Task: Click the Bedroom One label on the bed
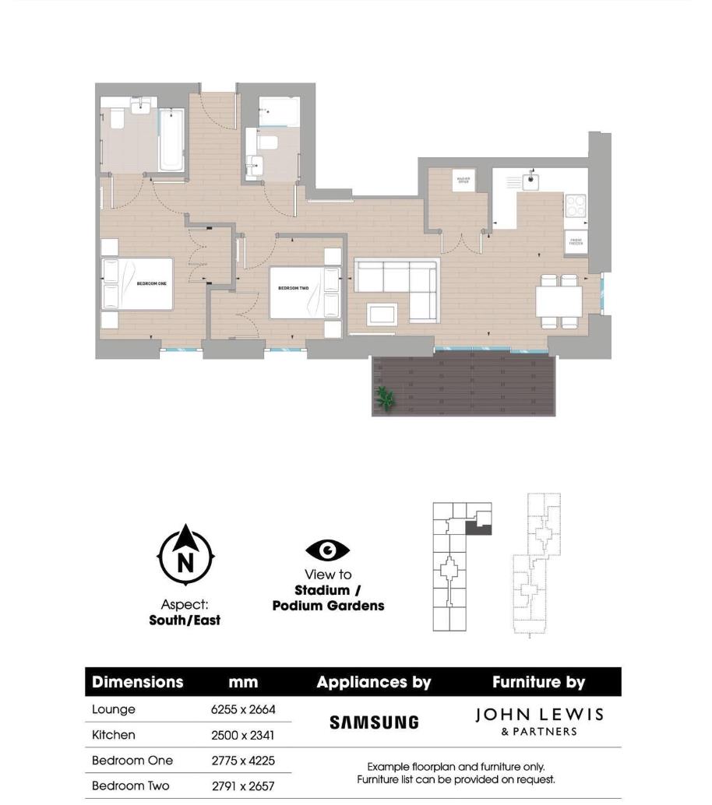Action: pos(151,283)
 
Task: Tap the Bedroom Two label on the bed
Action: pos(293,288)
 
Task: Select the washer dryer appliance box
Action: pos(464,181)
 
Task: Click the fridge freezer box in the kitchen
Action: pos(576,242)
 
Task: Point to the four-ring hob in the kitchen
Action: pos(576,206)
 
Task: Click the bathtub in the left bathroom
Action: pos(170,140)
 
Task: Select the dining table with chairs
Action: pos(559,301)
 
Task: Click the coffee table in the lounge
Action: pos(382,313)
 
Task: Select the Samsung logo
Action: pos(374,722)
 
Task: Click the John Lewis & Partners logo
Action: pos(539,721)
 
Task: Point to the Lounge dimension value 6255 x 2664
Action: pos(243,709)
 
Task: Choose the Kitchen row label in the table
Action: pos(114,735)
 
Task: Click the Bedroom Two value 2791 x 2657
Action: pos(243,786)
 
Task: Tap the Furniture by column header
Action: pos(538,682)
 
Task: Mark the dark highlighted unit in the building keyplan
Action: pos(478,528)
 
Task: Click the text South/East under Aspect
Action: pos(185,620)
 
